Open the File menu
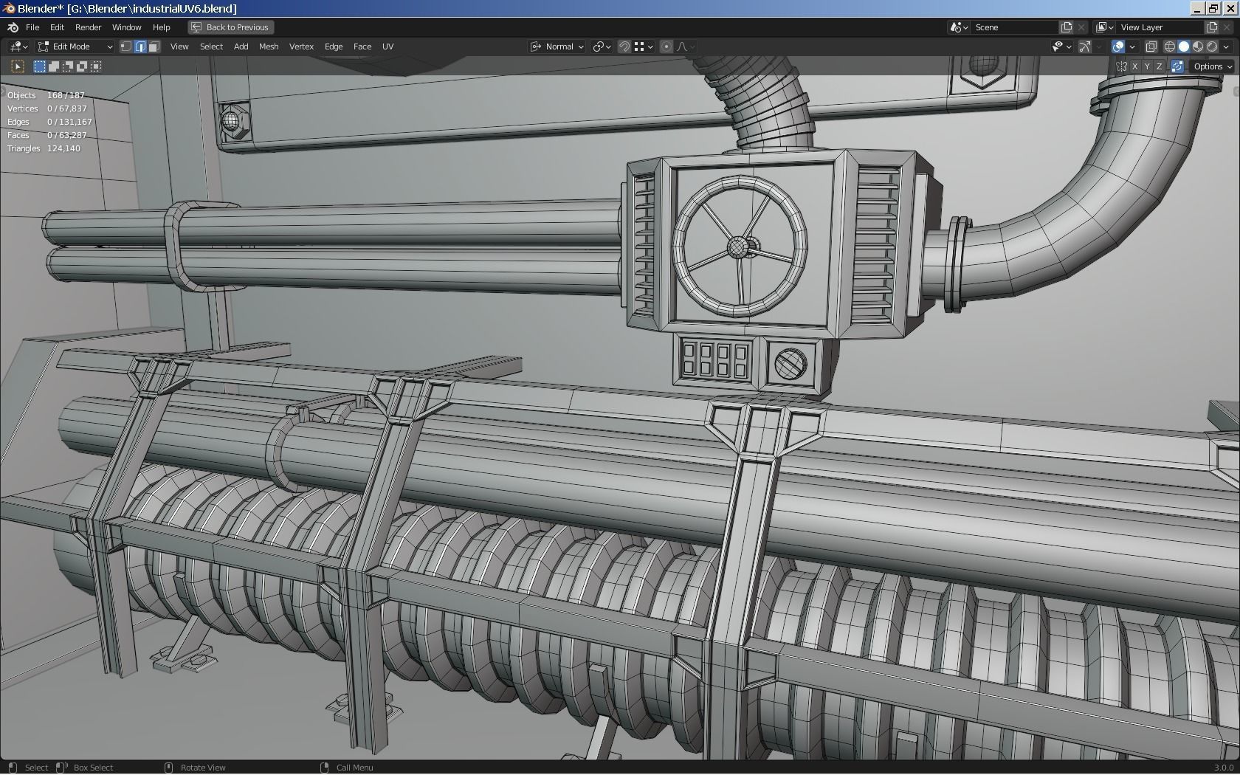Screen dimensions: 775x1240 32,27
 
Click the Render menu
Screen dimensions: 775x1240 88,27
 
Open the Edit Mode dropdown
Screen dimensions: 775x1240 76,46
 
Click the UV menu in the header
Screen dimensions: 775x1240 387,46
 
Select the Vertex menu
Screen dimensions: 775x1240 301,46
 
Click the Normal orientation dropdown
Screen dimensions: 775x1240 558,46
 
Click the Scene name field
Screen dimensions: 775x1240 1015,27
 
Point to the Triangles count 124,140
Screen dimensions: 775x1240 63,148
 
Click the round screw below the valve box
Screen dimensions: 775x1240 790,363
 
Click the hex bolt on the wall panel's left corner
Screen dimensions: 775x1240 232,120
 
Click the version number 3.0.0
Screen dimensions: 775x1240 1223,768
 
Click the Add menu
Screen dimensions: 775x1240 241,46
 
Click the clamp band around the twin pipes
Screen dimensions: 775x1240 181,247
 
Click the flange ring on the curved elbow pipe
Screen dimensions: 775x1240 957,262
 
